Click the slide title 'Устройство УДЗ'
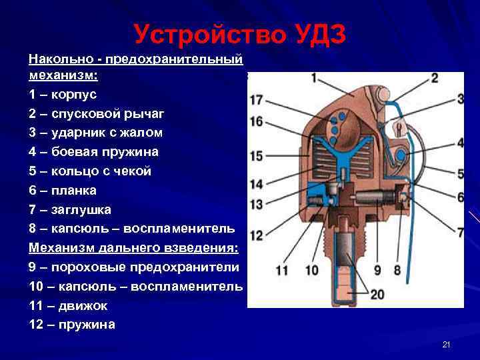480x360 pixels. point(239,34)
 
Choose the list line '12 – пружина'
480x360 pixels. point(72,325)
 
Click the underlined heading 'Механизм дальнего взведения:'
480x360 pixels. point(133,248)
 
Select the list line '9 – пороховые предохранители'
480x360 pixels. point(133,267)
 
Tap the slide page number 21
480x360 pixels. point(447,344)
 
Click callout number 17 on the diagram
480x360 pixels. point(257,101)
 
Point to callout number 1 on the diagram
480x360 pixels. point(313,78)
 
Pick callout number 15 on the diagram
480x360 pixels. point(257,157)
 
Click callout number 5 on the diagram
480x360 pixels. point(461,173)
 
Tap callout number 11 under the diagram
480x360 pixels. point(281,271)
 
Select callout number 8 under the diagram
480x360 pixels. point(397,271)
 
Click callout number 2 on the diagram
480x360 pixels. point(434,78)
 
